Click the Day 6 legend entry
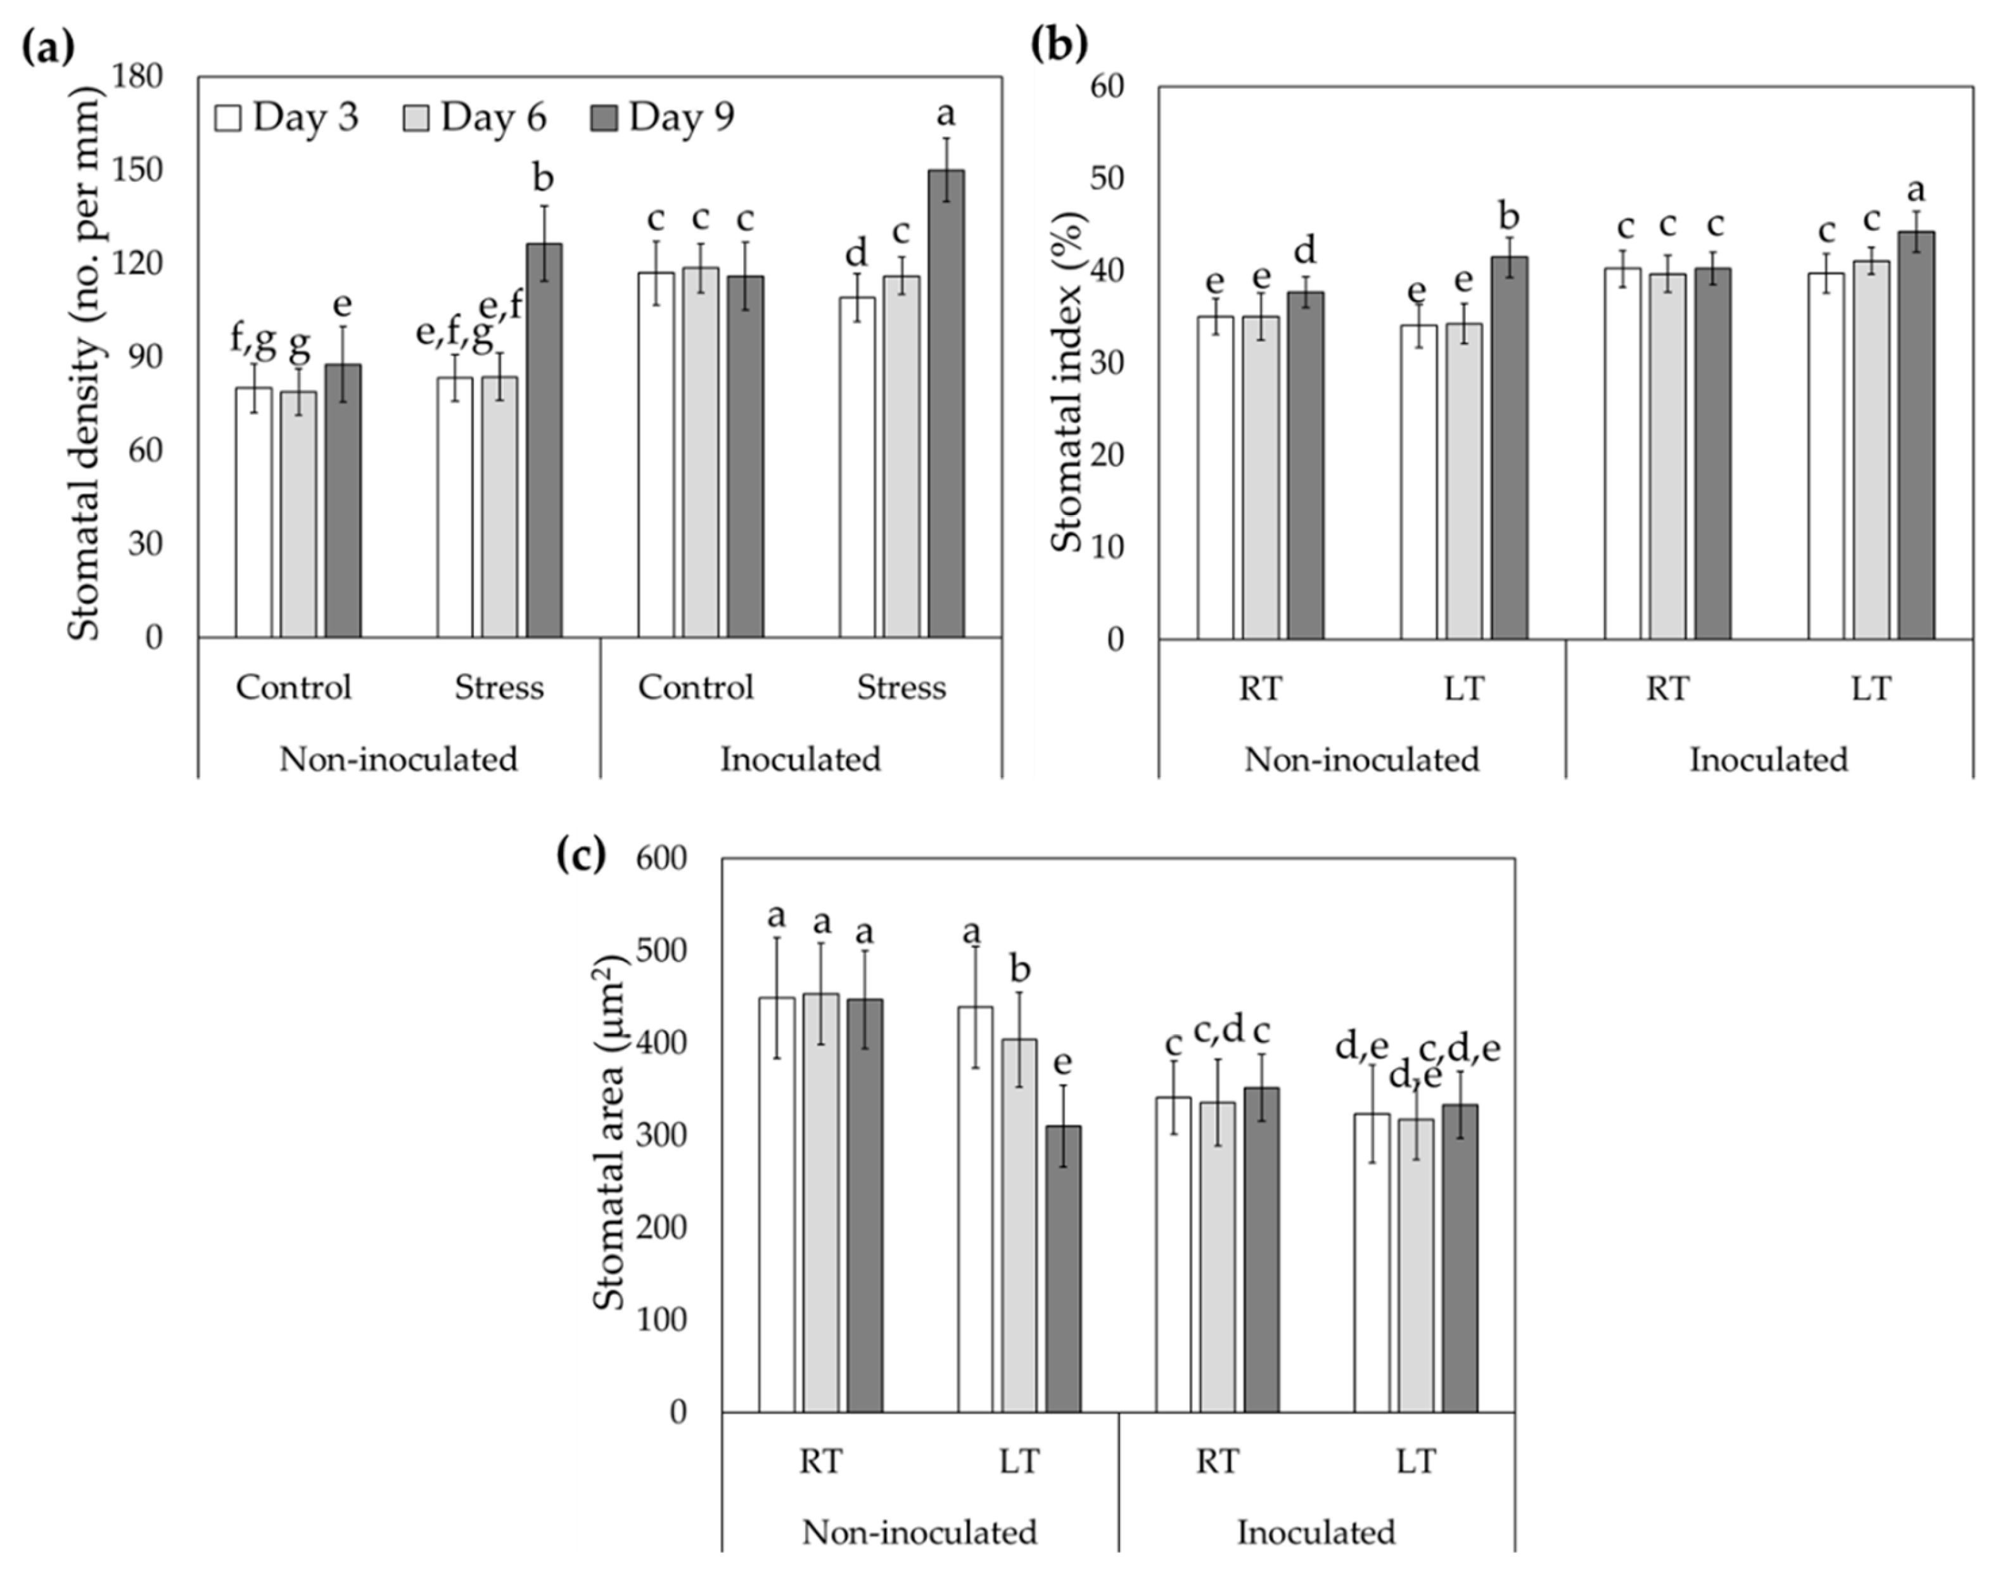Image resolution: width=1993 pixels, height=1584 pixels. coord(475,117)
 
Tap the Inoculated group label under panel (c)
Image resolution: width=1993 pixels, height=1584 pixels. coord(1315,1532)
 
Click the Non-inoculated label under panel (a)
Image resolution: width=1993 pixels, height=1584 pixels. coord(398,759)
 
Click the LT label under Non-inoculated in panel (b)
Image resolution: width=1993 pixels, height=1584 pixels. coord(1463,689)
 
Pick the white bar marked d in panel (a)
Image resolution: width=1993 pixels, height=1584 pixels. coord(857,467)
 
